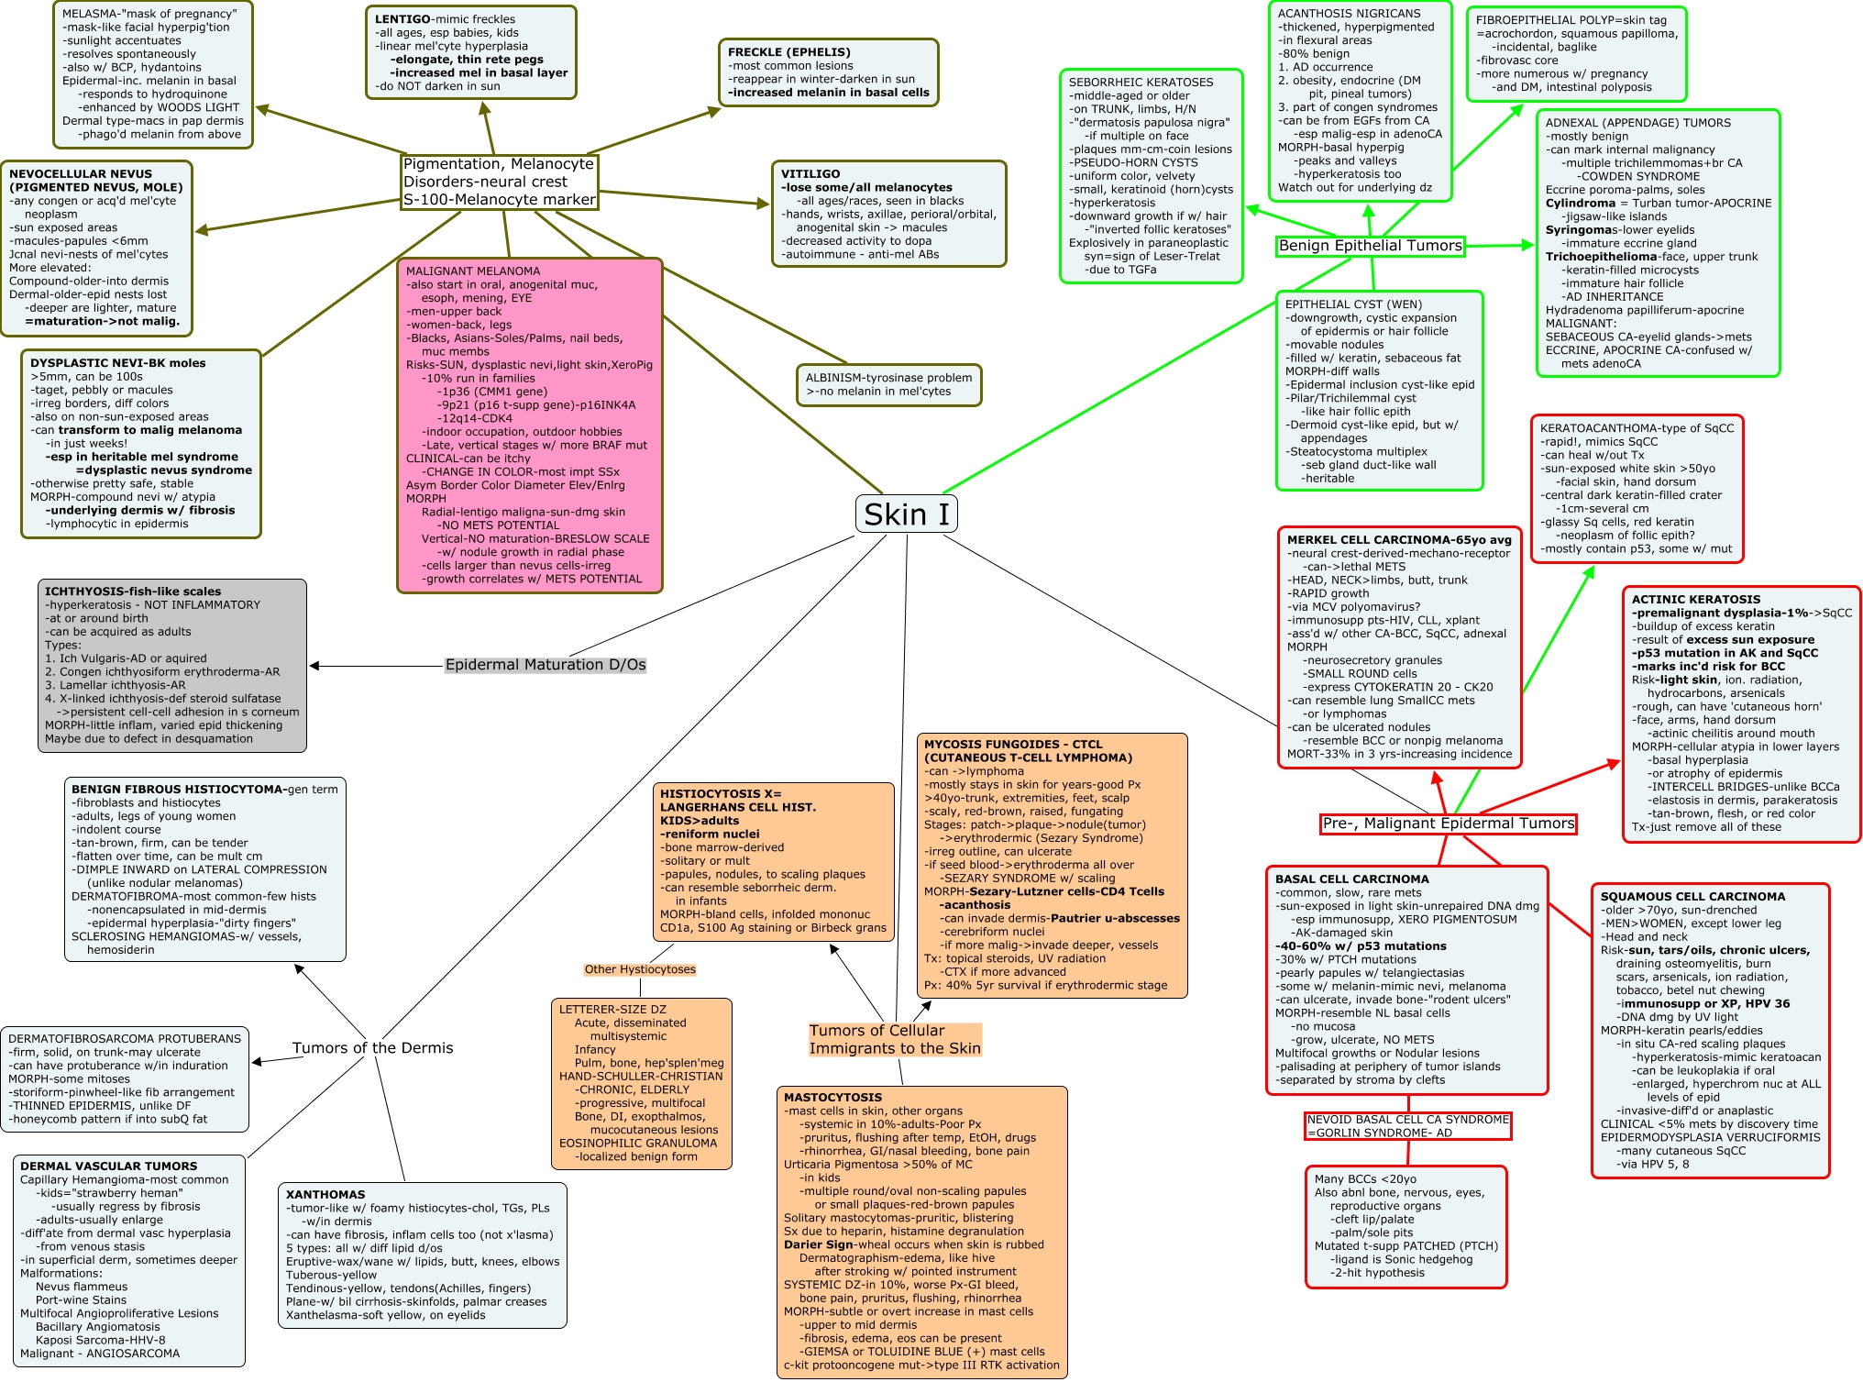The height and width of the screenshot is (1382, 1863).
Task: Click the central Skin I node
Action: click(x=906, y=514)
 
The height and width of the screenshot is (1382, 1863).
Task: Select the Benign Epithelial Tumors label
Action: click(x=1370, y=246)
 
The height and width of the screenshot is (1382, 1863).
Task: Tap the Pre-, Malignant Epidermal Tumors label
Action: click(x=1448, y=824)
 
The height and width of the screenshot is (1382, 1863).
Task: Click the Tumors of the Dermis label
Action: click(x=372, y=1048)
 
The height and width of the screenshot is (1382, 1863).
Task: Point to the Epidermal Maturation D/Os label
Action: click(x=546, y=665)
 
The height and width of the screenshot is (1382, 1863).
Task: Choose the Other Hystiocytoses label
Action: click(x=640, y=969)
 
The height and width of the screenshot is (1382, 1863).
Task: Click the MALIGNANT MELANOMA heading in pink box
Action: click(x=473, y=271)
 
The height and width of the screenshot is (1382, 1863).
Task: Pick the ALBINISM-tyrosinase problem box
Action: click(x=888, y=384)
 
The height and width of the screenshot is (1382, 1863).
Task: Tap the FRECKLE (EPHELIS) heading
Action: click(x=789, y=52)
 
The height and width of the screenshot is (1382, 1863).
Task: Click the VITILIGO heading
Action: click(x=810, y=174)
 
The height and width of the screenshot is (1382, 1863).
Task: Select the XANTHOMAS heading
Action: click(x=325, y=1195)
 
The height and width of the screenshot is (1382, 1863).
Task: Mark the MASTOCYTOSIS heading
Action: click(x=832, y=1098)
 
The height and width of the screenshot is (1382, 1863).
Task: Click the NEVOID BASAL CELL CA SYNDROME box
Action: click(x=1407, y=1126)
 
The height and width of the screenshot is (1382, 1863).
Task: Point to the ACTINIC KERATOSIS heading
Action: click(x=1696, y=600)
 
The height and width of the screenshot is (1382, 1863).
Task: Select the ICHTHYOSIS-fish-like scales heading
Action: click(x=133, y=591)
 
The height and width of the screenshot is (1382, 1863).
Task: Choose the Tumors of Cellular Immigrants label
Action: click(x=894, y=1040)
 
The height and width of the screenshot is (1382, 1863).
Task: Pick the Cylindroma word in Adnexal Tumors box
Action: click(x=1581, y=204)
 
